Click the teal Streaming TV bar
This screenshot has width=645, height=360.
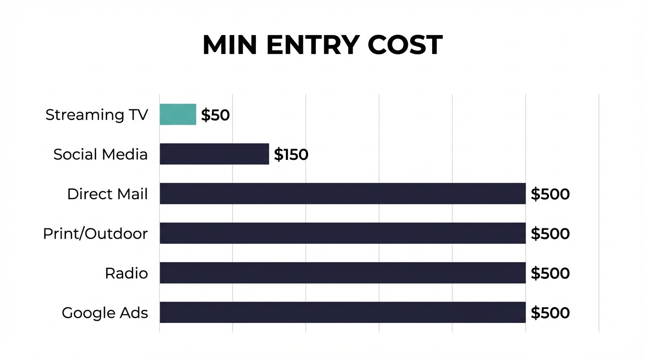pyautogui.click(x=178, y=114)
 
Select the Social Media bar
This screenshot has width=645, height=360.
pyautogui.click(x=214, y=154)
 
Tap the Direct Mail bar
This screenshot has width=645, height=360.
pyautogui.click(x=342, y=194)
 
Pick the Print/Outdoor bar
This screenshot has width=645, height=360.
pyautogui.click(x=342, y=233)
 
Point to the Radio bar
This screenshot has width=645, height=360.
pyautogui.click(x=342, y=273)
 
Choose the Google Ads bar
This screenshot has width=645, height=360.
pyautogui.click(x=342, y=312)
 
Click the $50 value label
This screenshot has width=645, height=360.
pyautogui.click(x=215, y=115)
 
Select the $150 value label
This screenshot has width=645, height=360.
pyautogui.click(x=291, y=154)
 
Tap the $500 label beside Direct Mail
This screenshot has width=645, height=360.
pyautogui.click(x=550, y=194)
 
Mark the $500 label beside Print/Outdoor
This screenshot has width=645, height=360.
pyautogui.click(x=550, y=233)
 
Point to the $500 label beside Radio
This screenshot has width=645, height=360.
pyautogui.click(x=550, y=273)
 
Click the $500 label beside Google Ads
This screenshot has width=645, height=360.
pyautogui.click(x=550, y=313)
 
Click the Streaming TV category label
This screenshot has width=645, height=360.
pyautogui.click(x=97, y=115)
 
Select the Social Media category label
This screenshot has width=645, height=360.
pyautogui.click(x=100, y=154)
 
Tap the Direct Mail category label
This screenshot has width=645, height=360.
pyautogui.click(x=107, y=194)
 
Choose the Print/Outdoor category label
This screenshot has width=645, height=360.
pyautogui.click(x=95, y=233)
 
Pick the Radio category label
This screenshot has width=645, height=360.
pyautogui.click(x=126, y=273)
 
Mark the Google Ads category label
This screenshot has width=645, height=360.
pyautogui.click(x=105, y=313)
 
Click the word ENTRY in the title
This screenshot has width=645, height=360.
pyautogui.click(x=312, y=45)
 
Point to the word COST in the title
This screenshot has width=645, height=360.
pyautogui.click(x=405, y=45)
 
